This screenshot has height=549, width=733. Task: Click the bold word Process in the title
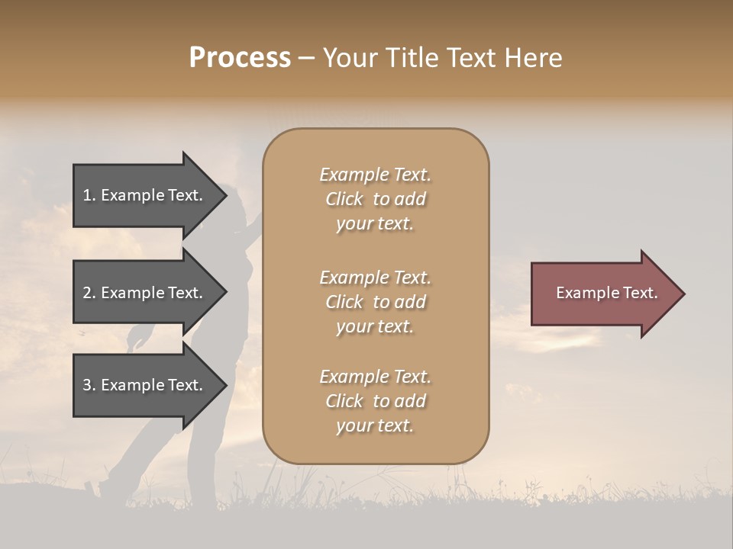[x=240, y=58]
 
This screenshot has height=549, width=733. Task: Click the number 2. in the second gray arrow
[x=89, y=293]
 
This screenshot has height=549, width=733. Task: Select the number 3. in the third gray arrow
[x=89, y=385]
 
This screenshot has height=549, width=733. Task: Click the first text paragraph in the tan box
[x=375, y=199]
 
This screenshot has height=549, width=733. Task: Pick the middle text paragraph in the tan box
[x=375, y=302]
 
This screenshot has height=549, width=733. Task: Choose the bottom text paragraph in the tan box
[x=375, y=401]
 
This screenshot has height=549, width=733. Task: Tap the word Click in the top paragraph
[x=344, y=199]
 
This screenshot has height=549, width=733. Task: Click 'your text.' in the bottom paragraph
[x=375, y=425]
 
